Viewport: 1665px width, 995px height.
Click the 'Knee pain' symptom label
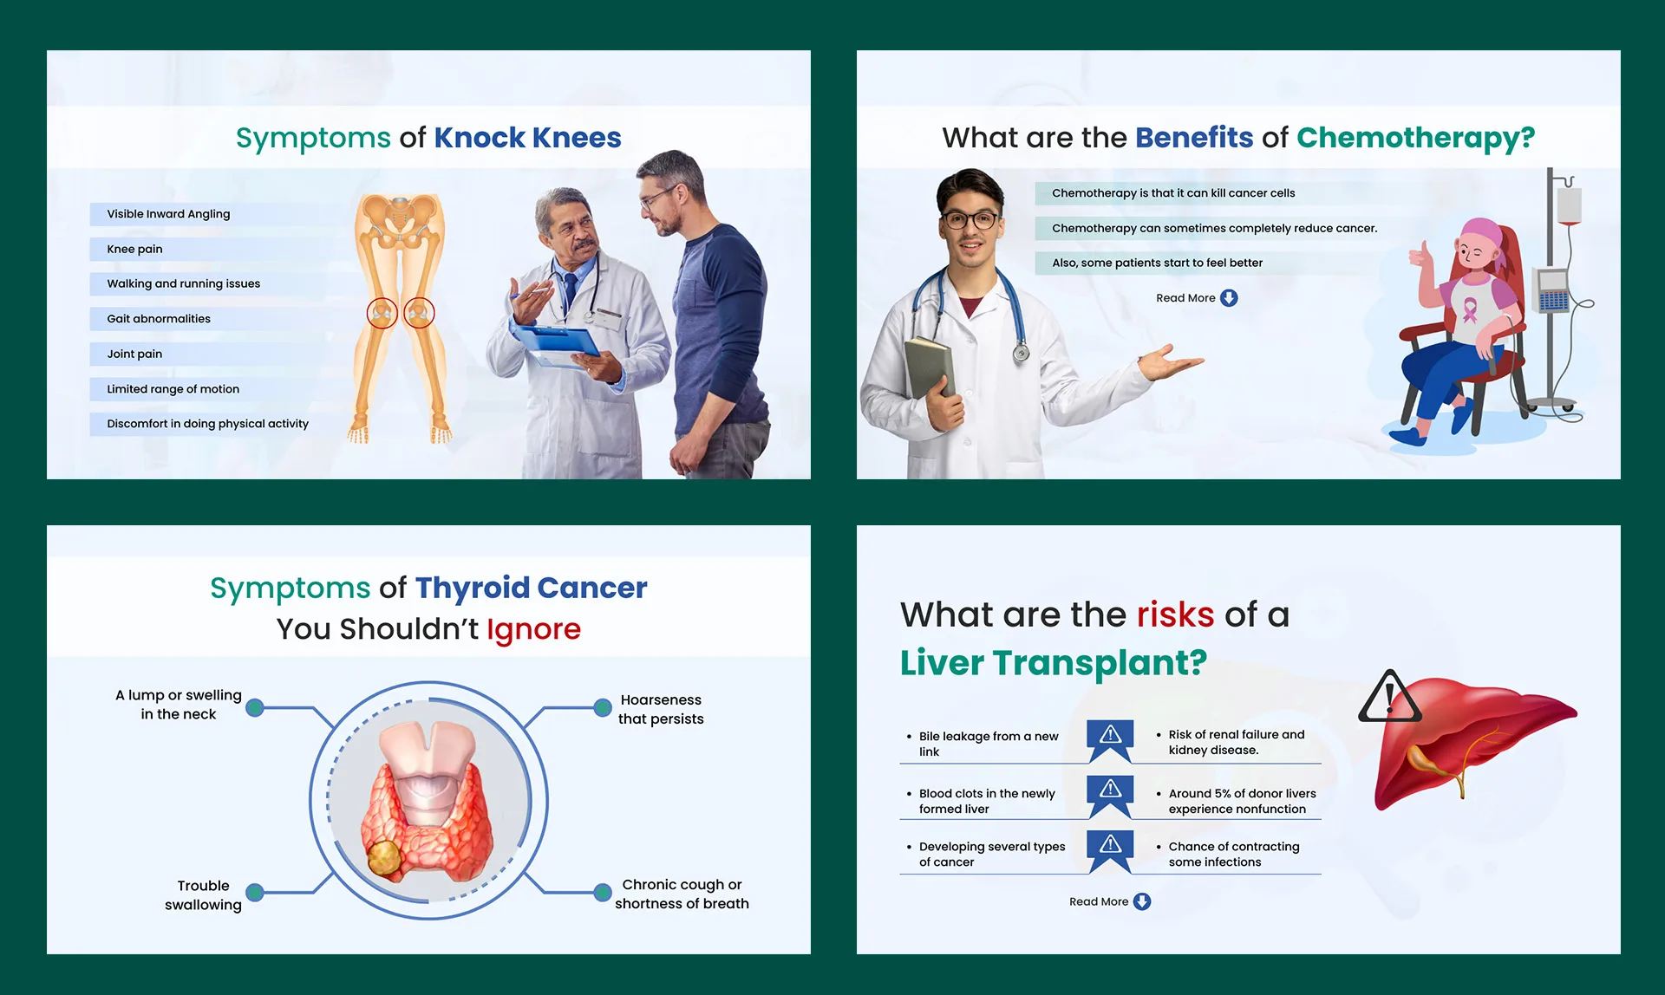click(134, 250)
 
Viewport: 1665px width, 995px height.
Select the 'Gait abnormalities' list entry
click(159, 319)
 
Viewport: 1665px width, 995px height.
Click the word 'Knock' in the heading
click(480, 138)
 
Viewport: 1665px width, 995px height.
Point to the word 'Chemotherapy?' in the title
click(1415, 139)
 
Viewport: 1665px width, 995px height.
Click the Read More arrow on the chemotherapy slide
click(1229, 298)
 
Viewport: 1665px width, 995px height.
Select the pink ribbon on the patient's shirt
click(1470, 309)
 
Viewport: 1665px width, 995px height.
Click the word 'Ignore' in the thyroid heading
click(533, 630)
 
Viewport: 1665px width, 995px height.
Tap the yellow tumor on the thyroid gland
click(384, 859)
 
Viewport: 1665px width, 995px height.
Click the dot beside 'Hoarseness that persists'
click(603, 708)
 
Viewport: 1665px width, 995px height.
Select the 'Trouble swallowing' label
click(203, 895)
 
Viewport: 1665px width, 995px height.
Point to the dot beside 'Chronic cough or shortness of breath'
click(603, 893)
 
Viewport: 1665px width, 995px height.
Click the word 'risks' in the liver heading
click(1175, 615)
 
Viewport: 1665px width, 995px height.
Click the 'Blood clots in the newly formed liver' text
click(987, 801)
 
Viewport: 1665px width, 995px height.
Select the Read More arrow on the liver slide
click(1142, 902)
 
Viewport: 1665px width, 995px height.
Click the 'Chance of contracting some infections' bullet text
click(1233, 855)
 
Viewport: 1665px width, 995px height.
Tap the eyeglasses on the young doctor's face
click(971, 219)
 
